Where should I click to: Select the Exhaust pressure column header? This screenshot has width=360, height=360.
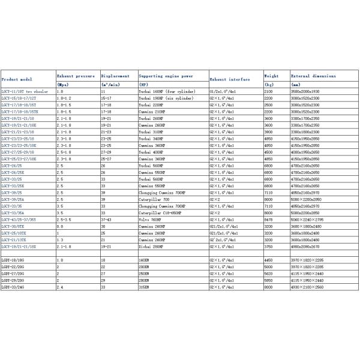click(76, 76)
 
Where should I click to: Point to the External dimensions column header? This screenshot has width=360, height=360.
click(313, 76)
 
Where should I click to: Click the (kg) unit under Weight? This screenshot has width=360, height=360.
click(269, 85)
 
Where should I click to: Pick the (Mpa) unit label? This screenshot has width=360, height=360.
click(63, 85)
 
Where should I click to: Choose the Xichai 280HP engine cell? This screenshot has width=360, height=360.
click(151, 247)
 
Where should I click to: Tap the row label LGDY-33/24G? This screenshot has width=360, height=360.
click(13, 287)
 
